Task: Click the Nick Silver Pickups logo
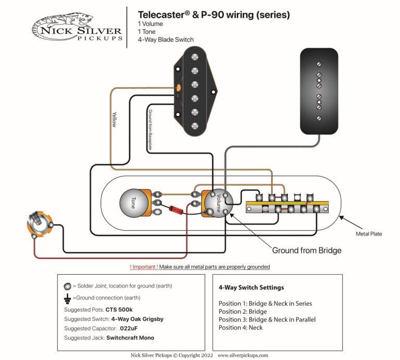click(x=77, y=27)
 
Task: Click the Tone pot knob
click(x=134, y=202)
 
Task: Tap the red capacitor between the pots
click(x=176, y=209)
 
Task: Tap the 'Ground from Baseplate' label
click(x=150, y=130)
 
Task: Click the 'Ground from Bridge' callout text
click(x=306, y=251)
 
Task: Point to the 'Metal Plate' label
click(x=369, y=234)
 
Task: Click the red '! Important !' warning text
click(x=143, y=267)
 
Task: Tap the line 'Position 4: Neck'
click(x=241, y=328)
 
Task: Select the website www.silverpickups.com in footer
click(x=243, y=355)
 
